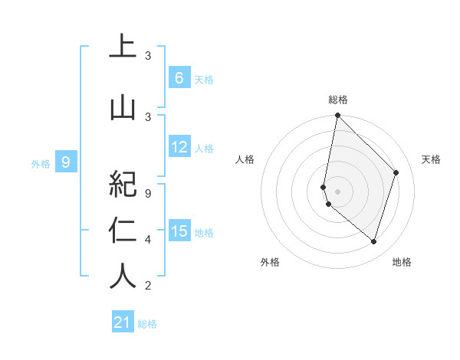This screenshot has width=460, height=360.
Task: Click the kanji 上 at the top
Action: (x=122, y=47)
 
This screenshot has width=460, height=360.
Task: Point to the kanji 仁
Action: (x=122, y=230)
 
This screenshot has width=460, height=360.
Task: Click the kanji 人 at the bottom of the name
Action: (x=122, y=275)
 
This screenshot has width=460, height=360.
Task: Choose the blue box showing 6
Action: (x=179, y=78)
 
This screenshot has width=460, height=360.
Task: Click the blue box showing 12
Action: (x=179, y=147)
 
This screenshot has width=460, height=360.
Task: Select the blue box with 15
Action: (x=179, y=231)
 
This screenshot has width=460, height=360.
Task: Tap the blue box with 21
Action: (x=123, y=322)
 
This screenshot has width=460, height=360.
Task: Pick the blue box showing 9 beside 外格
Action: (x=66, y=162)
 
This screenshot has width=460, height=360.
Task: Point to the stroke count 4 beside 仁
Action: (x=148, y=240)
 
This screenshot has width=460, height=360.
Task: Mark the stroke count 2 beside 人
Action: (x=148, y=286)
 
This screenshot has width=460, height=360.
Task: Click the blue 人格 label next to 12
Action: (x=204, y=148)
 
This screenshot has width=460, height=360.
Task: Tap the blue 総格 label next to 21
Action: (x=147, y=323)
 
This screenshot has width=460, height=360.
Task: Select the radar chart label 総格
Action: (x=338, y=100)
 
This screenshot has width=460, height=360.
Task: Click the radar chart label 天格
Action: (x=431, y=159)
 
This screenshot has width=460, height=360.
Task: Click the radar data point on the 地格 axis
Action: (x=374, y=241)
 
